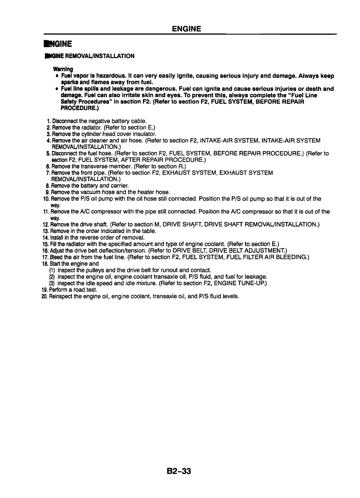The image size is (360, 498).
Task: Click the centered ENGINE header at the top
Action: (187, 29)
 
